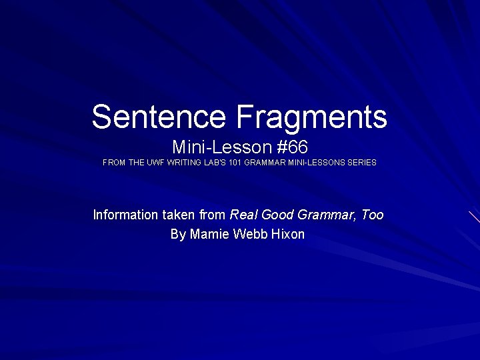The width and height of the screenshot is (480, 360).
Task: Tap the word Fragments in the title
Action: point(310,117)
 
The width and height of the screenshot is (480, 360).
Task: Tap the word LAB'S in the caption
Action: point(212,162)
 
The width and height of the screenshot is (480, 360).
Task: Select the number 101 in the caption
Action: point(234,162)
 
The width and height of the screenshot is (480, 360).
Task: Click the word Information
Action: point(126,215)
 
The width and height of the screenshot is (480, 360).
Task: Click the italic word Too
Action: point(372,215)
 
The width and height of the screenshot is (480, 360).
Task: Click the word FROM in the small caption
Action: point(113,162)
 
